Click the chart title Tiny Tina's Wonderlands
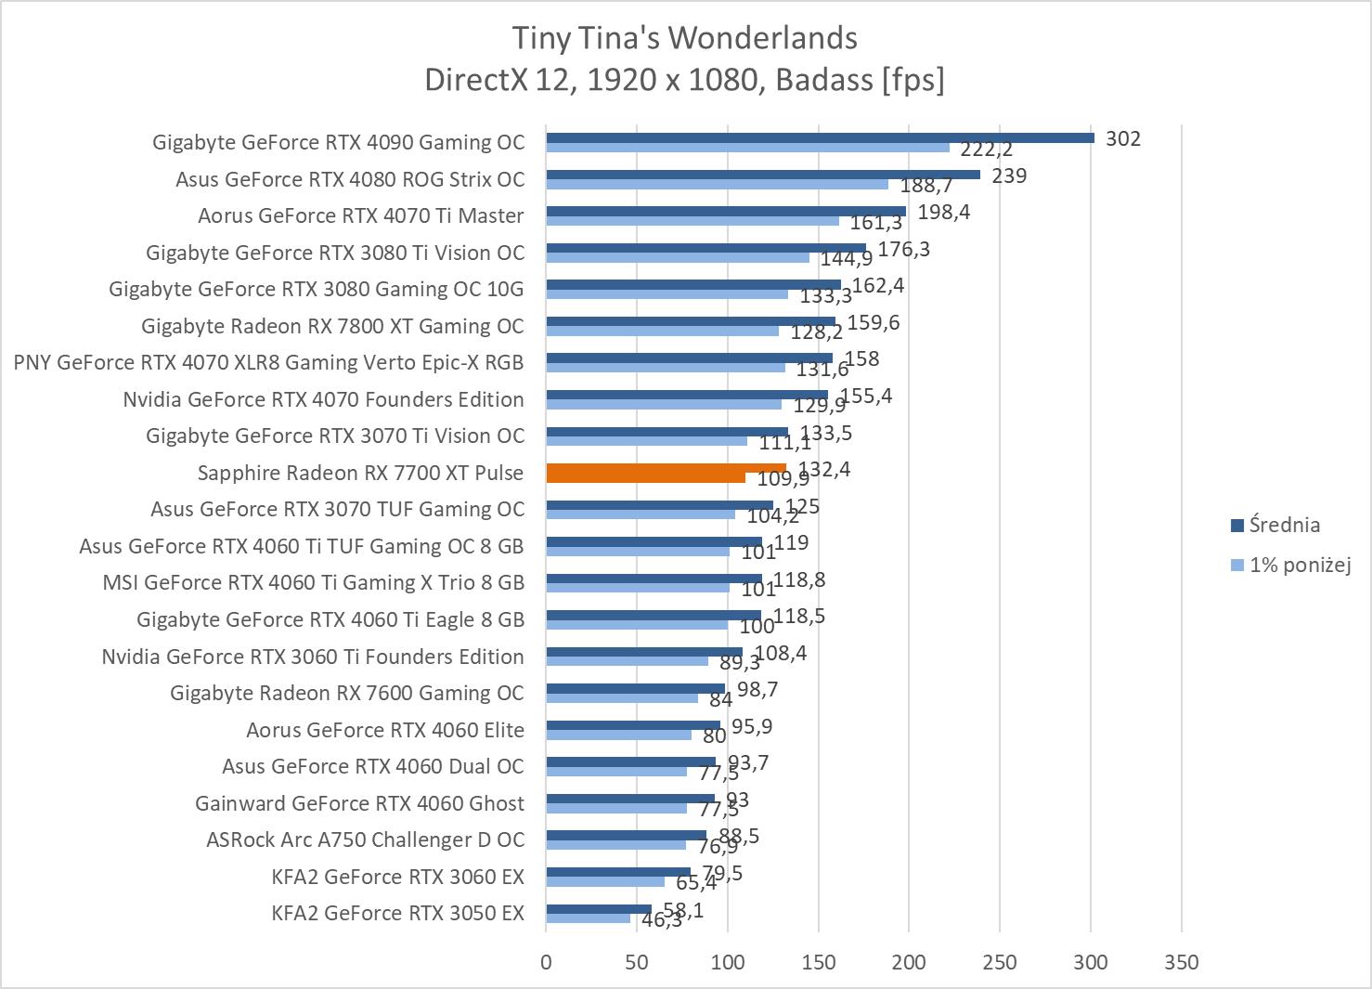click(684, 38)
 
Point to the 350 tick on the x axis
click(1181, 962)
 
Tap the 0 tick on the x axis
click(546, 962)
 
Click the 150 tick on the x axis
click(818, 962)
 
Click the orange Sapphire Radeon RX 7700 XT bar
click(666, 473)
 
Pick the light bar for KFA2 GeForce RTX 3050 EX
click(588, 918)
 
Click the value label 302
click(1123, 138)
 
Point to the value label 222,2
click(987, 150)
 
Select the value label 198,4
click(943, 212)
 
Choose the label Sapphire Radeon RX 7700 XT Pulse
click(360, 473)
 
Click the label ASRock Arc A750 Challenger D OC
click(365, 839)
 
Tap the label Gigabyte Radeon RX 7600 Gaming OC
click(346, 693)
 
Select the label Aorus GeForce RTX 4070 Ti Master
click(360, 215)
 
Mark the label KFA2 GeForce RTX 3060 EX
click(397, 877)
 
